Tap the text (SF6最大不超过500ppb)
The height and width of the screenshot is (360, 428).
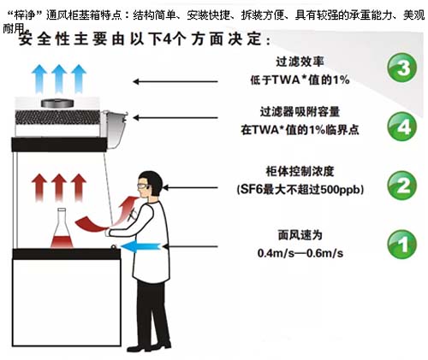click(x=301, y=188)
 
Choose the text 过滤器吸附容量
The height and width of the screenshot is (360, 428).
click(x=302, y=111)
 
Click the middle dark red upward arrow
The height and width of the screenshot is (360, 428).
click(x=59, y=183)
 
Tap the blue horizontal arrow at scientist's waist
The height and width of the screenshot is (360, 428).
click(x=145, y=246)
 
